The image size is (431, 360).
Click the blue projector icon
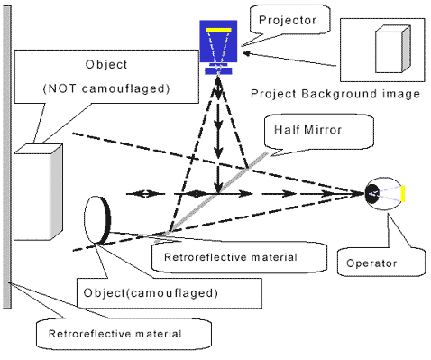[x=217, y=45]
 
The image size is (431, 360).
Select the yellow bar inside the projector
[x=217, y=31]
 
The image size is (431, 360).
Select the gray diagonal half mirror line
[x=216, y=191]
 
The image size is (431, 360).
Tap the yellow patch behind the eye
[x=405, y=192]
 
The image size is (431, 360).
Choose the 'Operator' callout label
[x=370, y=263]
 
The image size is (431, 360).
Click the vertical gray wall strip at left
[x=8, y=162]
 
